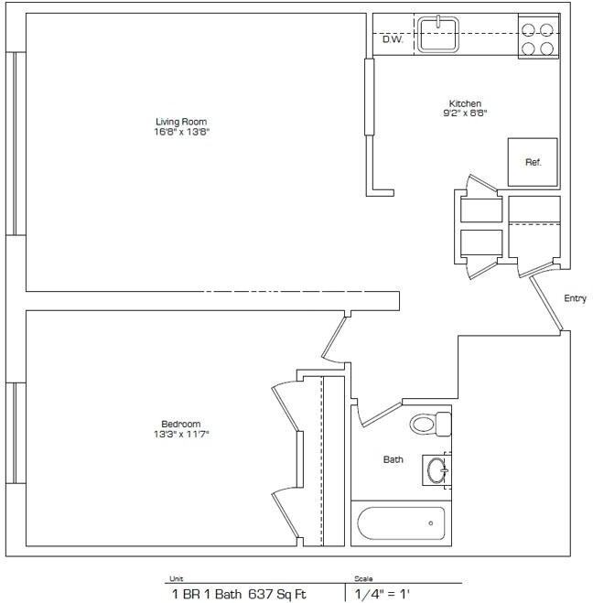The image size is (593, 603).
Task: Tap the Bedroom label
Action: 180,424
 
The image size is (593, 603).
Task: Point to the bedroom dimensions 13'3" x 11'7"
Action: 180,434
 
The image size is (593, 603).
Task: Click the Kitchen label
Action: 465,103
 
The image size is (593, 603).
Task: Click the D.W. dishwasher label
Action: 393,39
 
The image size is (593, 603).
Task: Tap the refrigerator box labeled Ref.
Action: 533,162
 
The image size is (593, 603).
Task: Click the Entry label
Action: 575,299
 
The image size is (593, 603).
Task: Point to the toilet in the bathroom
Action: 430,424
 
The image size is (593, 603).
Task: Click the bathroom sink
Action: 437,471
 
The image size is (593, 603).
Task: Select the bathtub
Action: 400,523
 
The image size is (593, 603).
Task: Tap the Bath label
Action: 394,459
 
